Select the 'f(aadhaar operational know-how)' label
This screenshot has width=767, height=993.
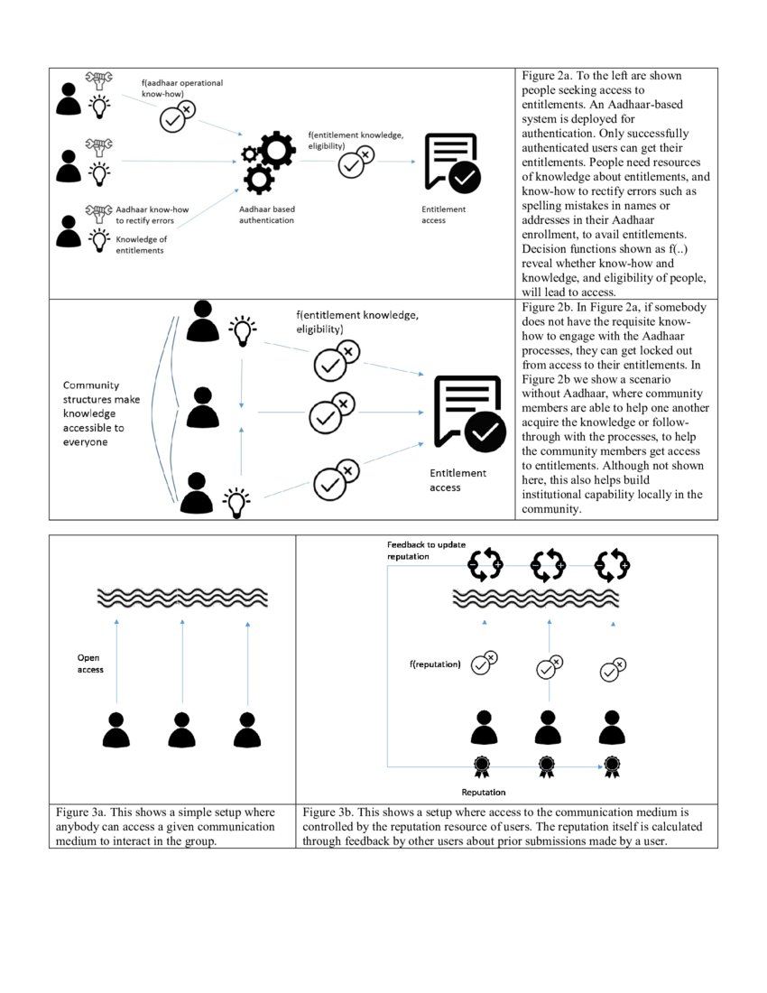pyautogui.click(x=181, y=87)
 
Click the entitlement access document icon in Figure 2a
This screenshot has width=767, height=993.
pyautogui.click(x=451, y=162)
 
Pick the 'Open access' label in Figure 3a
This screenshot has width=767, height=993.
pyautogui.click(x=90, y=664)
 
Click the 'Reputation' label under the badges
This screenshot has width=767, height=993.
pyautogui.click(x=484, y=792)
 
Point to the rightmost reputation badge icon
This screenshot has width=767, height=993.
pyautogui.click(x=612, y=766)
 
